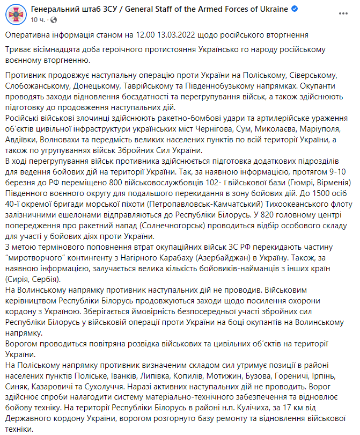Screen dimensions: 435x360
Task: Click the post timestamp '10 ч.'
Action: click(x=38, y=19)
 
